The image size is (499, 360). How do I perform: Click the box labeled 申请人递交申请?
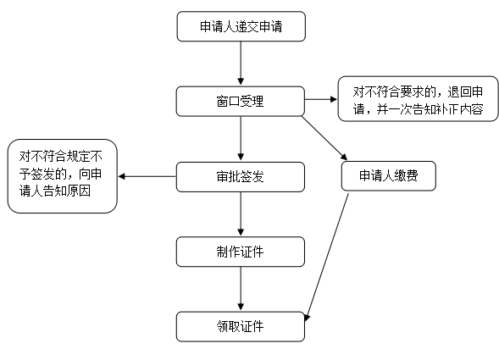241,26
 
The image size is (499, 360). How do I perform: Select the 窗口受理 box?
241,101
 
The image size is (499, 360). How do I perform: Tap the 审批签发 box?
241,177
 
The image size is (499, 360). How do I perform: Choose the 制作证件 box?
241,252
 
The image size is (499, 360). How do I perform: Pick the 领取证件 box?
241,327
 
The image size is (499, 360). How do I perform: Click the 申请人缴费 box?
389,176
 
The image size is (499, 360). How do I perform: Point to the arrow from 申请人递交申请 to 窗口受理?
241,64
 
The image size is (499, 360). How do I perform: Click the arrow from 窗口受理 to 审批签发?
241,138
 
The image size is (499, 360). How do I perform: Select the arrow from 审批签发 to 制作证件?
241,214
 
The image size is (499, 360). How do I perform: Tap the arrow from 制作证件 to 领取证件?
241,289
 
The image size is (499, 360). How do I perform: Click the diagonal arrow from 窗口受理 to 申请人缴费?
324,138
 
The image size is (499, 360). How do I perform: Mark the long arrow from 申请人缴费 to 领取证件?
327,258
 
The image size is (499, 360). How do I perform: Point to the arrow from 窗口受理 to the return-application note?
321,99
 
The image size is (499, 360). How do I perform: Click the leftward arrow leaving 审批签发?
147,176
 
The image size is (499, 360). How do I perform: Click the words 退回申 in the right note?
465,92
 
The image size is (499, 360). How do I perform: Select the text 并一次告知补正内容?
430,109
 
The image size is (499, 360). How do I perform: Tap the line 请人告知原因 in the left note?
55,191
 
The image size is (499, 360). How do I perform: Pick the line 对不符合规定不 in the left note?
60,156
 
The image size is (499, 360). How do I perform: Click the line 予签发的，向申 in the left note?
60,174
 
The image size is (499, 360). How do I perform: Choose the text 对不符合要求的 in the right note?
394,92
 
